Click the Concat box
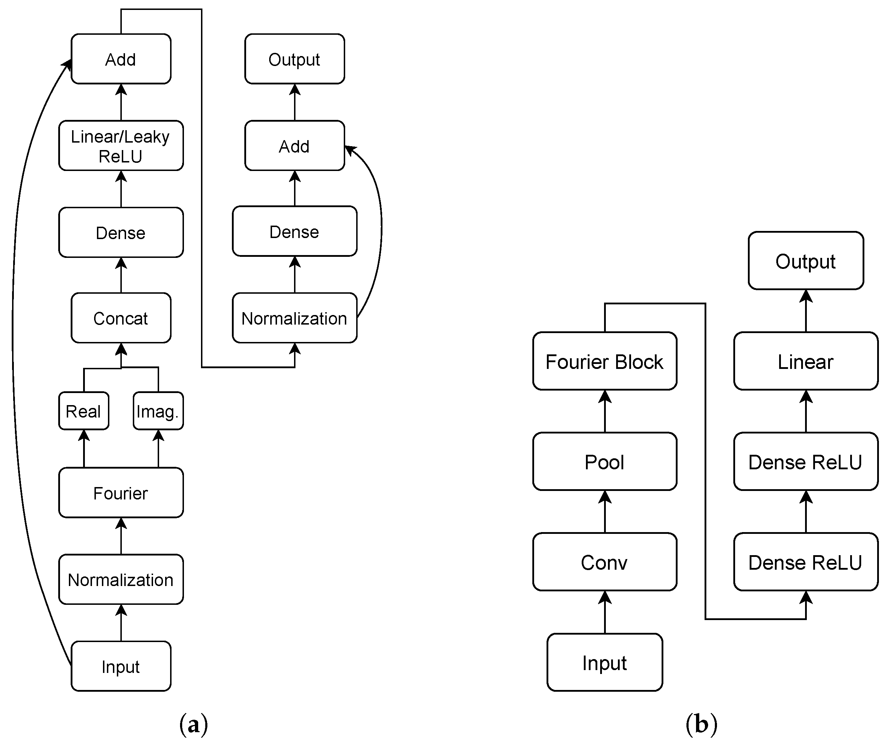pyautogui.click(x=121, y=318)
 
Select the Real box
pyautogui.click(x=83, y=411)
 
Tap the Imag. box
pyautogui.click(x=158, y=411)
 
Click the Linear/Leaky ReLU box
pyautogui.click(x=121, y=146)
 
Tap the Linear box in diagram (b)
pyautogui.click(x=805, y=361)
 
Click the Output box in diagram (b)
pyautogui.click(x=805, y=261)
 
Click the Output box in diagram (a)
pyautogui.click(x=294, y=59)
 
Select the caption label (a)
pyautogui.click(x=194, y=724)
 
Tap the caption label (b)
pyautogui.click(x=701, y=724)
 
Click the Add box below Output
pyautogui.click(x=294, y=146)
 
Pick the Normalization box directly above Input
pyautogui.click(x=121, y=579)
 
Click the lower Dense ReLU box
pyautogui.click(x=805, y=562)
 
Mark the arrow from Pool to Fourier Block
pyautogui.click(x=605, y=411)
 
